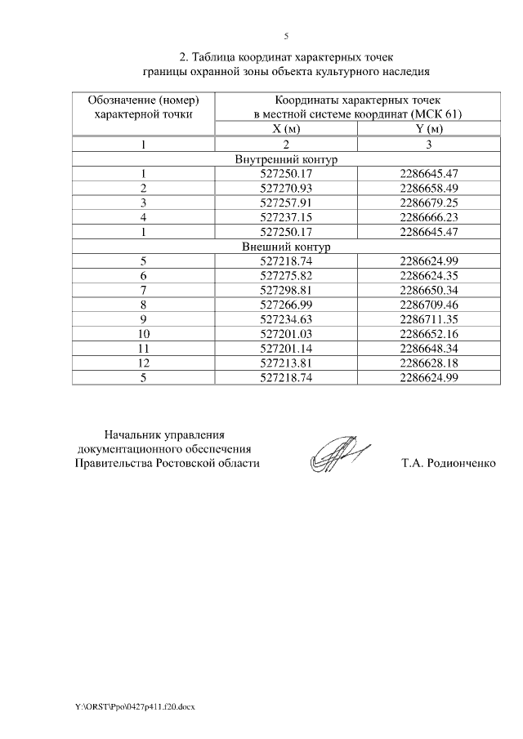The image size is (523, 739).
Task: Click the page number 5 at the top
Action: tap(286, 36)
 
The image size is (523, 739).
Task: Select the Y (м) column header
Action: tap(428, 129)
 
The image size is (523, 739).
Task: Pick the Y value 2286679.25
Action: tap(428, 203)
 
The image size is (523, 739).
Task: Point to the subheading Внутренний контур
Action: tap(286, 159)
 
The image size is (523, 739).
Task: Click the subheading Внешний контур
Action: tap(286, 246)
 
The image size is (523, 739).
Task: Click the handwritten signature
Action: tap(337, 454)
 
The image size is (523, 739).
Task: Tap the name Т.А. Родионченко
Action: tap(449, 463)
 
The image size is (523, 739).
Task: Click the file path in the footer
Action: tap(131, 705)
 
